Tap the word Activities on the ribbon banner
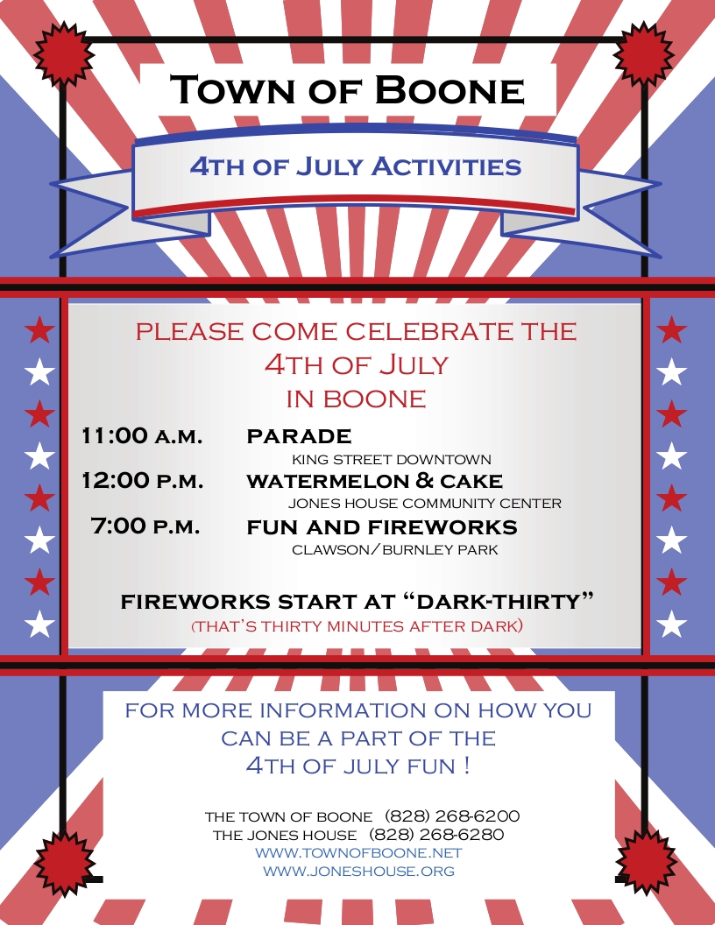coord(447,166)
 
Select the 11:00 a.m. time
coord(142,435)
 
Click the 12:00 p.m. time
coord(143,480)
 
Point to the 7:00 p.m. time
coord(145,525)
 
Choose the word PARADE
coord(299,436)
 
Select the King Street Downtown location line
coord(392,459)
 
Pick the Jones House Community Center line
coord(425,503)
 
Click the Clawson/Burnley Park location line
coord(395,550)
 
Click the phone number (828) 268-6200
coord(452,816)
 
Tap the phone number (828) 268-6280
coord(436,835)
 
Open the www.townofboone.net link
coord(358,853)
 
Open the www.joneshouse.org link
coord(358,871)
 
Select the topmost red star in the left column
coord(39,329)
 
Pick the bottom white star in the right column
coord(672,625)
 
